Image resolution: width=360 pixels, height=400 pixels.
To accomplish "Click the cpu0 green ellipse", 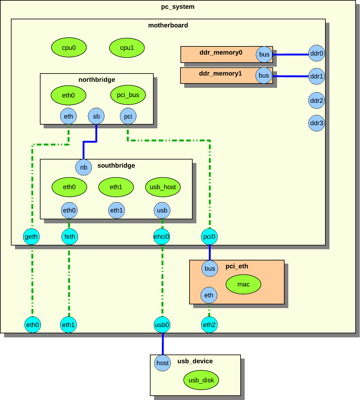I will (x=69, y=48).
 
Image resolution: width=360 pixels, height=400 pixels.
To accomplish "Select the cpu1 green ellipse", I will (x=127, y=48).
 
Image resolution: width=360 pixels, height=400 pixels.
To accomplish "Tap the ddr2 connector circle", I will (x=316, y=101).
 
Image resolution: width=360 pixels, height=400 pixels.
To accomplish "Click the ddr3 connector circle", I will (x=316, y=123).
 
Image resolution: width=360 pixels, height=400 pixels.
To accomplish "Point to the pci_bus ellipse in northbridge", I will (x=128, y=95).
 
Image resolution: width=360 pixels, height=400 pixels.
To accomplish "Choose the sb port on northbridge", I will (x=96, y=117).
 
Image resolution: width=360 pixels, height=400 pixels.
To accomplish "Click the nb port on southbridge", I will (x=84, y=167).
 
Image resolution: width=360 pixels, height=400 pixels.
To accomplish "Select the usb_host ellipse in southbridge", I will (x=163, y=187).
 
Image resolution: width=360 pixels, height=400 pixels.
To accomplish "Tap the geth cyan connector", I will (x=31, y=236).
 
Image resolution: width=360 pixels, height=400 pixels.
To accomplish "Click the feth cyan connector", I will (x=70, y=236).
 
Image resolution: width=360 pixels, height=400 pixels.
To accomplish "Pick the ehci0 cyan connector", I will (x=161, y=236).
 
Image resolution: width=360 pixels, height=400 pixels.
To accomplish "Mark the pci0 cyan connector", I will (x=209, y=236).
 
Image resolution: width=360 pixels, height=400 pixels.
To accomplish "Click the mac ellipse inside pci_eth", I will (x=243, y=284).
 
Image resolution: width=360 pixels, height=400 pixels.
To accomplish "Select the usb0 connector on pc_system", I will (x=162, y=325).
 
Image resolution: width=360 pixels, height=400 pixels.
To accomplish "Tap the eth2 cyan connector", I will (x=209, y=325).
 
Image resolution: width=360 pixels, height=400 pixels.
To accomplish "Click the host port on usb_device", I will (x=162, y=363).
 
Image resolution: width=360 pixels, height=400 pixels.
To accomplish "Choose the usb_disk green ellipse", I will (x=201, y=380).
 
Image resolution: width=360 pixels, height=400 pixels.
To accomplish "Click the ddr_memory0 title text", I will (x=221, y=52).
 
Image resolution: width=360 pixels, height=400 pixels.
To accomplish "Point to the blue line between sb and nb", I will (x=89, y=142).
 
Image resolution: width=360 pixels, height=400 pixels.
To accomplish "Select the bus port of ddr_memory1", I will (x=264, y=75).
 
